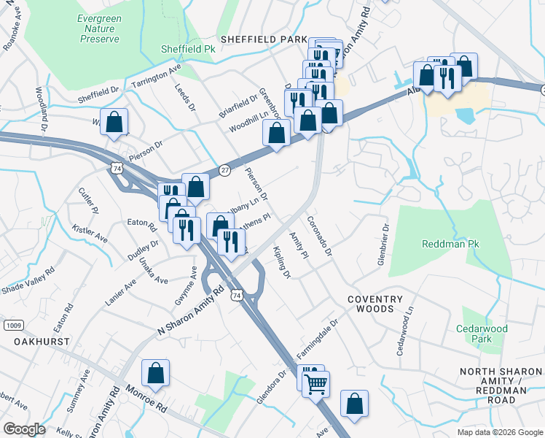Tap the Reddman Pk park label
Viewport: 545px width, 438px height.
click(448, 243)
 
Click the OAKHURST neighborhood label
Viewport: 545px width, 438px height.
click(42, 341)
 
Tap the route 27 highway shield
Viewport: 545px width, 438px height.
click(224, 169)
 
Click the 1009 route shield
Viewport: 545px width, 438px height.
click(12, 324)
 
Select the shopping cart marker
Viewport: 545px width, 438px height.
click(315, 383)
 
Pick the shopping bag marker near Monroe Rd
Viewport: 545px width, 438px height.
click(155, 374)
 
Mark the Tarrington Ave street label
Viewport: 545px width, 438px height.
click(156, 78)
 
